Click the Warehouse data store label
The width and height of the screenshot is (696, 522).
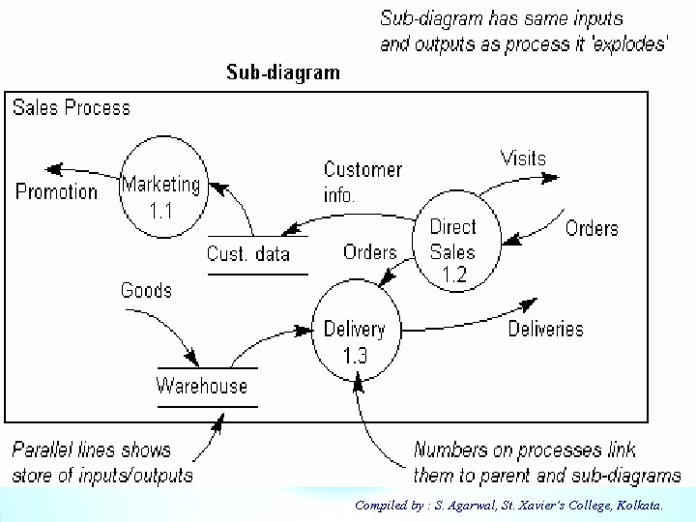click(202, 386)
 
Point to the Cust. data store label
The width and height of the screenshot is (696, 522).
click(248, 253)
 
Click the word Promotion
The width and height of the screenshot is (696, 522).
click(57, 190)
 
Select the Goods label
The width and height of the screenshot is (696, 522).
click(146, 289)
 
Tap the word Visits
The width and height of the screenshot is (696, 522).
click(523, 158)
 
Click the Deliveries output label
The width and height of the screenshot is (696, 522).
click(546, 329)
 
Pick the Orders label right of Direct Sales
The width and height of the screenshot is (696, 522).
click(592, 228)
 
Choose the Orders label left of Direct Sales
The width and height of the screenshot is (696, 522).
click(370, 251)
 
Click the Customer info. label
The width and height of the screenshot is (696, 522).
click(362, 181)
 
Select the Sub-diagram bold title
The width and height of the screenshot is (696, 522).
click(282, 72)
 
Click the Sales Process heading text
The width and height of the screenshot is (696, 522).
click(72, 107)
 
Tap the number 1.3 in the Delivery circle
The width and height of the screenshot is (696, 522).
click(355, 355)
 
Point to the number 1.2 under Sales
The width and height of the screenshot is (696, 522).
click(454, 275)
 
